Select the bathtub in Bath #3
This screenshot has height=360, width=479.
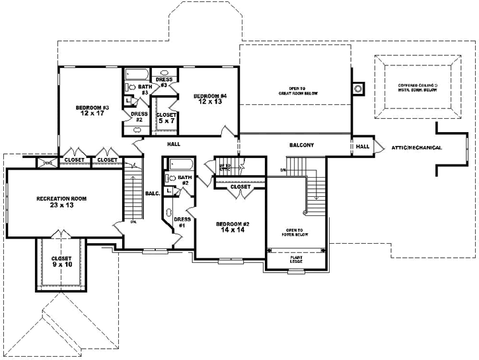click(x=137, y=73)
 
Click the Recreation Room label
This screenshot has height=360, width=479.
click(x=61, y=198)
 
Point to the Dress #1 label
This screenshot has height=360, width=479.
click(x=182, y=222)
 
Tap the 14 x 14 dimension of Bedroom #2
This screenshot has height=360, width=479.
click(x=232, y=231)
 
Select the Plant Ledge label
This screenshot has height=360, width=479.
click(x=296, y=259)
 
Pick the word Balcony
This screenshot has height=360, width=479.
click(x=301, y=145)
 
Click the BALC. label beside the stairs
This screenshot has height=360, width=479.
click(x=151, y=194)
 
